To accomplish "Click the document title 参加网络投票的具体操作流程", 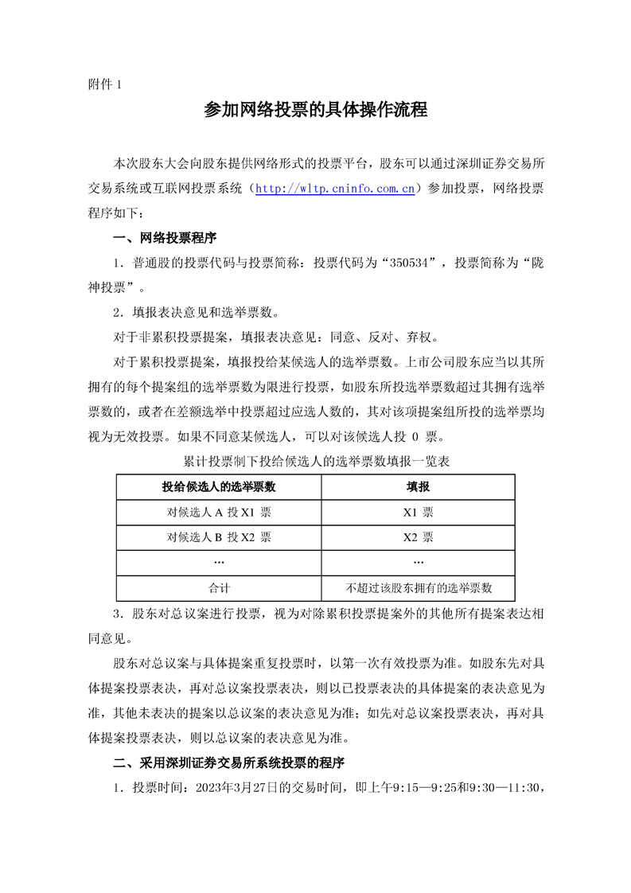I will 316,111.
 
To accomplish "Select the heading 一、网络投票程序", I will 165,237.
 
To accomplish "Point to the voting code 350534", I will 411,262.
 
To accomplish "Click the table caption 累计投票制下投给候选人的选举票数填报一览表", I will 316,461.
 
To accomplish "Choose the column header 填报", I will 419,486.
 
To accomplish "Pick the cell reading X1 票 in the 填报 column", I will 419,512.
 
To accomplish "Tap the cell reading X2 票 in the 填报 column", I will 419,536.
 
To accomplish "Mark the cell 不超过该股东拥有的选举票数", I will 419,587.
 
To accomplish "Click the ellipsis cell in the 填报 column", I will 419,562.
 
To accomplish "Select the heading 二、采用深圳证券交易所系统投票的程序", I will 228,762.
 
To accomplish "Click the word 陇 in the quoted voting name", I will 544,262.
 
